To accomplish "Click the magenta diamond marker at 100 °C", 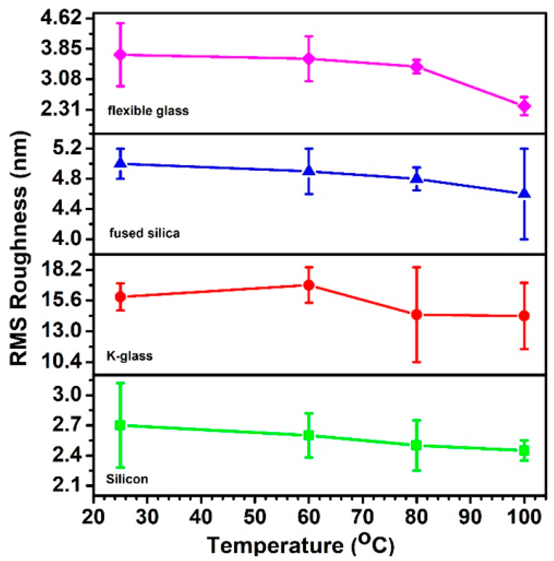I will click(x=524, y=106).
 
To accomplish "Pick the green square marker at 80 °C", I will click(x=416, y=445).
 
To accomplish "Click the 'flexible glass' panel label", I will click(x=148, y=111).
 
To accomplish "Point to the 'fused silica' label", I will click(x=144, y=233).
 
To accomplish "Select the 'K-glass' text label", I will click(x=129, y=356).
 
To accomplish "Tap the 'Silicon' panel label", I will click(x=127, y=479).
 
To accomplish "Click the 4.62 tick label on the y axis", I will click(x=61, y=18).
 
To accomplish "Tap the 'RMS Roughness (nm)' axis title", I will click(x=19, y=248).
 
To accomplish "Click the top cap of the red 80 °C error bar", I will click(x=416, y=267).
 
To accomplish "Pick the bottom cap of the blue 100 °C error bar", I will click(x=524, y=239).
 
